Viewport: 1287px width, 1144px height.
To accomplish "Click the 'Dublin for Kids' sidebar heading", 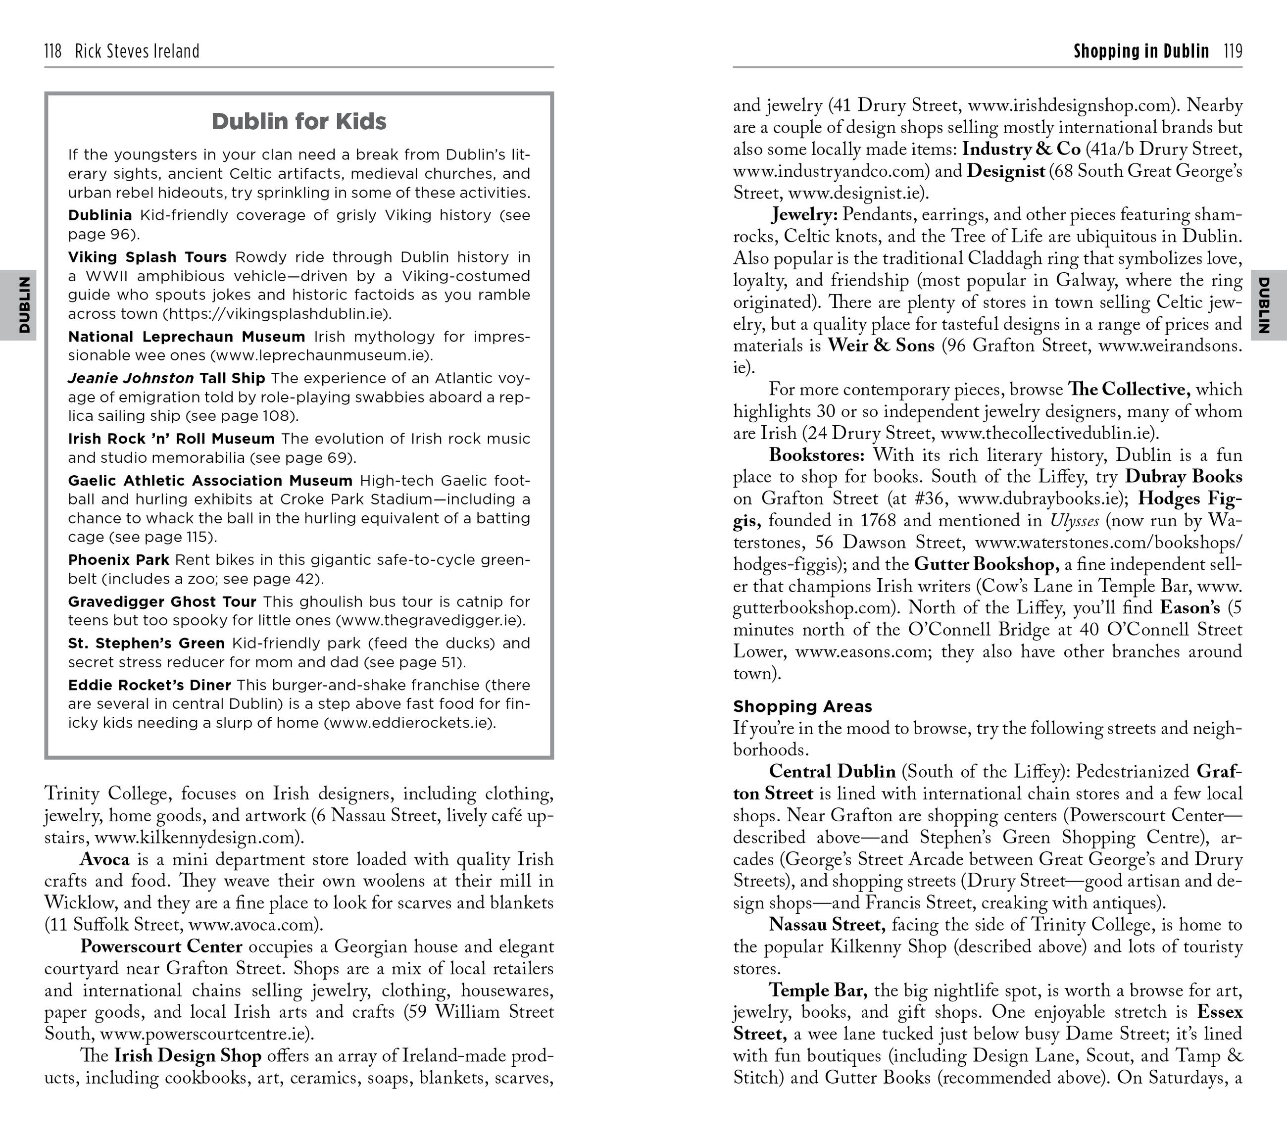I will point(298,121).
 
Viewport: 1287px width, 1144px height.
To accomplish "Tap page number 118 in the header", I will point(53,51).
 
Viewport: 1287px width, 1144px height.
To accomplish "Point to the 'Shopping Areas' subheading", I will point(802,706).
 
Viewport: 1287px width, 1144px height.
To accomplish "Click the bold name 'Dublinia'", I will point(100,215).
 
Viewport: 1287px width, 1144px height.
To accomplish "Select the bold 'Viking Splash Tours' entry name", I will point(148,257).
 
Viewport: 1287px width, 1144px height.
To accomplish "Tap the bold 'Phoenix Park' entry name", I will point(118,560).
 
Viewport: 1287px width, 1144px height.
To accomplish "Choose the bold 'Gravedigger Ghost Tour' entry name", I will point(162,601).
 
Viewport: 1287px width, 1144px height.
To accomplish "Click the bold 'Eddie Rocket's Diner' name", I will point(149,685).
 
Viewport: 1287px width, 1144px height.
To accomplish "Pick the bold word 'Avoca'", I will point(104,859).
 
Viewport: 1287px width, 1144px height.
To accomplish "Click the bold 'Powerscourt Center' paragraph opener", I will point(161,946).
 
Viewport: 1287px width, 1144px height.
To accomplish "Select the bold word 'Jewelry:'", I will point(804,215).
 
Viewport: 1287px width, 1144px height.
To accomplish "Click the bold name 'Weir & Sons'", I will point(880,346).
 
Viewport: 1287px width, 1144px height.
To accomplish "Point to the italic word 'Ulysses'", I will point(1074,521).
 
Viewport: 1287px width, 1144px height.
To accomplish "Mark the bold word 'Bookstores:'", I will point(817,455).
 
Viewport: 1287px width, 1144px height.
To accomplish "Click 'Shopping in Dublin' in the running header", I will point(1141,51).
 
